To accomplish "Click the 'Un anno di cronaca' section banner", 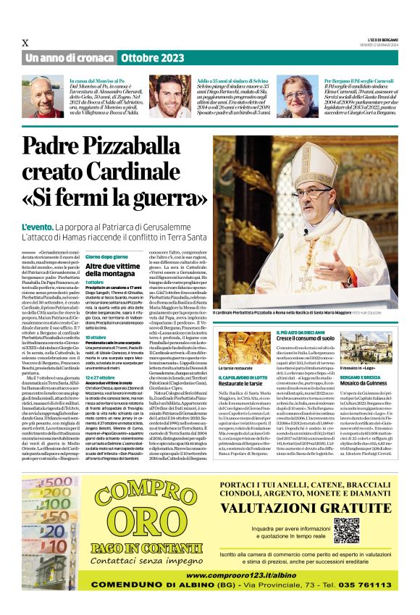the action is point(68,57).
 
